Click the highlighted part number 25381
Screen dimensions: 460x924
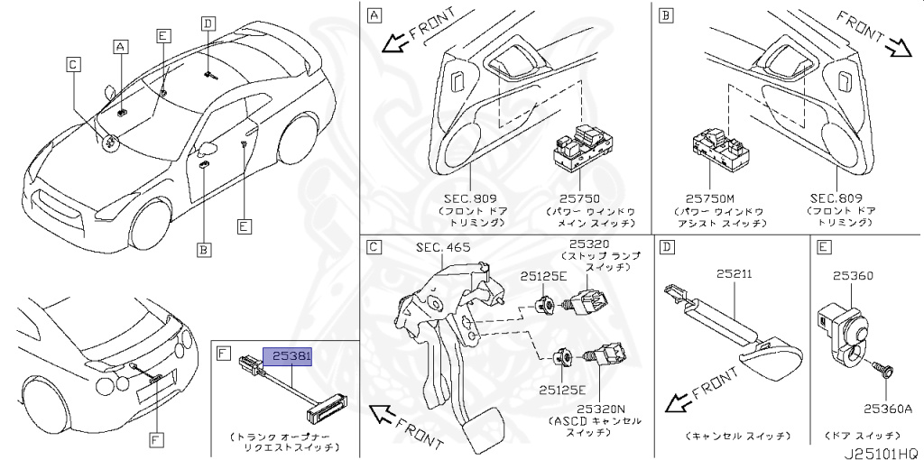pyautogui.click(x=287, y=356)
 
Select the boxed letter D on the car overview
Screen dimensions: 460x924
pyautogui.click(x=208, y=24)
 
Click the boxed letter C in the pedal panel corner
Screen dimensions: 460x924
pyautogui.click(x=373, y=245)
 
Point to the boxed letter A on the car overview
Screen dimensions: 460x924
pyautogui.click(x=120, y=44)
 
